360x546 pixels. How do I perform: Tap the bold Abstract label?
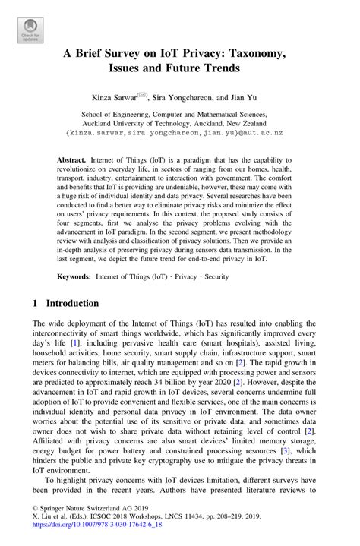click(72, 162)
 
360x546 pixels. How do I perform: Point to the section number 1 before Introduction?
click(35, 302)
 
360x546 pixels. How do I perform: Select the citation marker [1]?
click(74, 343)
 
